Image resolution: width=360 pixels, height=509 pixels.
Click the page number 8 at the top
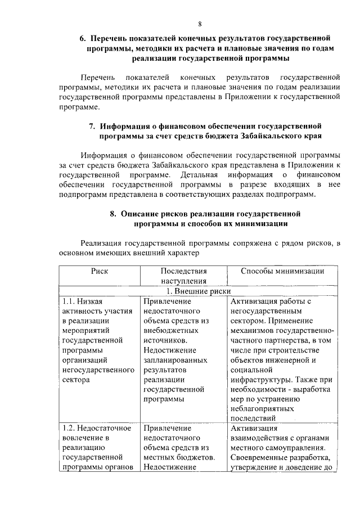pos(199,24)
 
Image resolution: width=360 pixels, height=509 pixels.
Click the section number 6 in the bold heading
pos(82,38)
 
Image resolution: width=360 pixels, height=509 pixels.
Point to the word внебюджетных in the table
pos(169,331)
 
